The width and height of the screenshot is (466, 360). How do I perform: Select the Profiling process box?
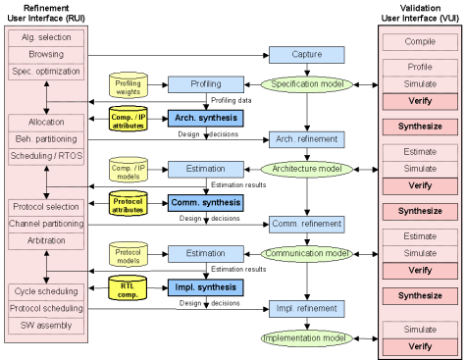tap(205, 84)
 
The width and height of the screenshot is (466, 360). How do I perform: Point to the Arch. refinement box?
tap(306, 139)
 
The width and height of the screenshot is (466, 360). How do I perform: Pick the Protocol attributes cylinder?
tap(126, 203)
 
